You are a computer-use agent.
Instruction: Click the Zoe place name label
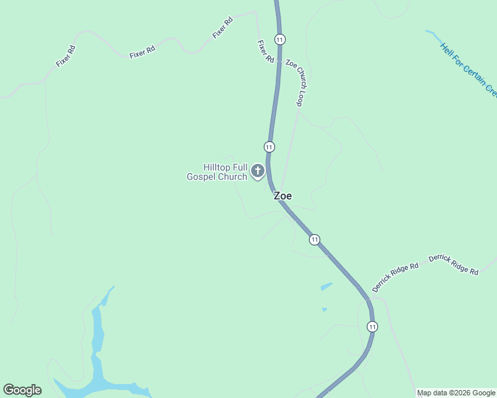coord(282,196)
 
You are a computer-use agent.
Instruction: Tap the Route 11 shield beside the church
coord(269,147)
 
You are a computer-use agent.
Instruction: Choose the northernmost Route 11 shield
coord(280,40)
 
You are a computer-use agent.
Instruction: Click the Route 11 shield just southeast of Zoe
coord(314,239)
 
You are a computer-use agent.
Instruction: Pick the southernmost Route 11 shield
coord(372,326)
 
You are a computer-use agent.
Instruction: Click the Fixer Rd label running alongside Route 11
coord(266,51)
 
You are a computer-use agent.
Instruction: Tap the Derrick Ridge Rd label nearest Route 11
coord(395,277)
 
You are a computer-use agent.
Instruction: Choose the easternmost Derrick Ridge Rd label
coord(453,264)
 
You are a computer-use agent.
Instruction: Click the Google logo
coord(22,390)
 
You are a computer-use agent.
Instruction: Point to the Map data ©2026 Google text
coord(456,393)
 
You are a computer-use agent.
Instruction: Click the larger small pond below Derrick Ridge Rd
coord(326,287)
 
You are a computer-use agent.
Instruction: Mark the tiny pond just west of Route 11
coord(324,309)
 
